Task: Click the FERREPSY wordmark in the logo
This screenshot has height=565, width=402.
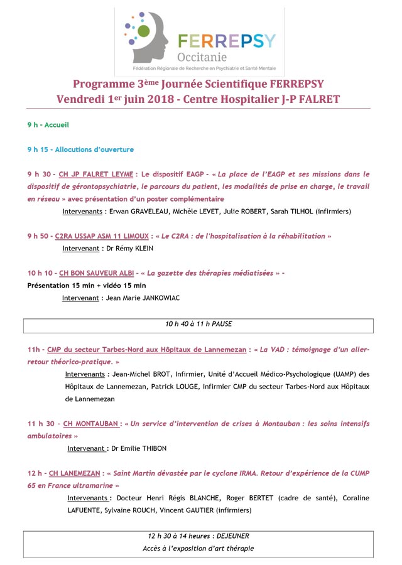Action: point(227,41)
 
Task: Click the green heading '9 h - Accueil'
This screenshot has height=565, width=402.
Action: point(48,125)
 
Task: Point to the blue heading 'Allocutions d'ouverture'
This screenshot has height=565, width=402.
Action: point(94,149)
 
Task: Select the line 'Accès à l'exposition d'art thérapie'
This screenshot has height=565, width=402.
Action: point(198,549)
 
